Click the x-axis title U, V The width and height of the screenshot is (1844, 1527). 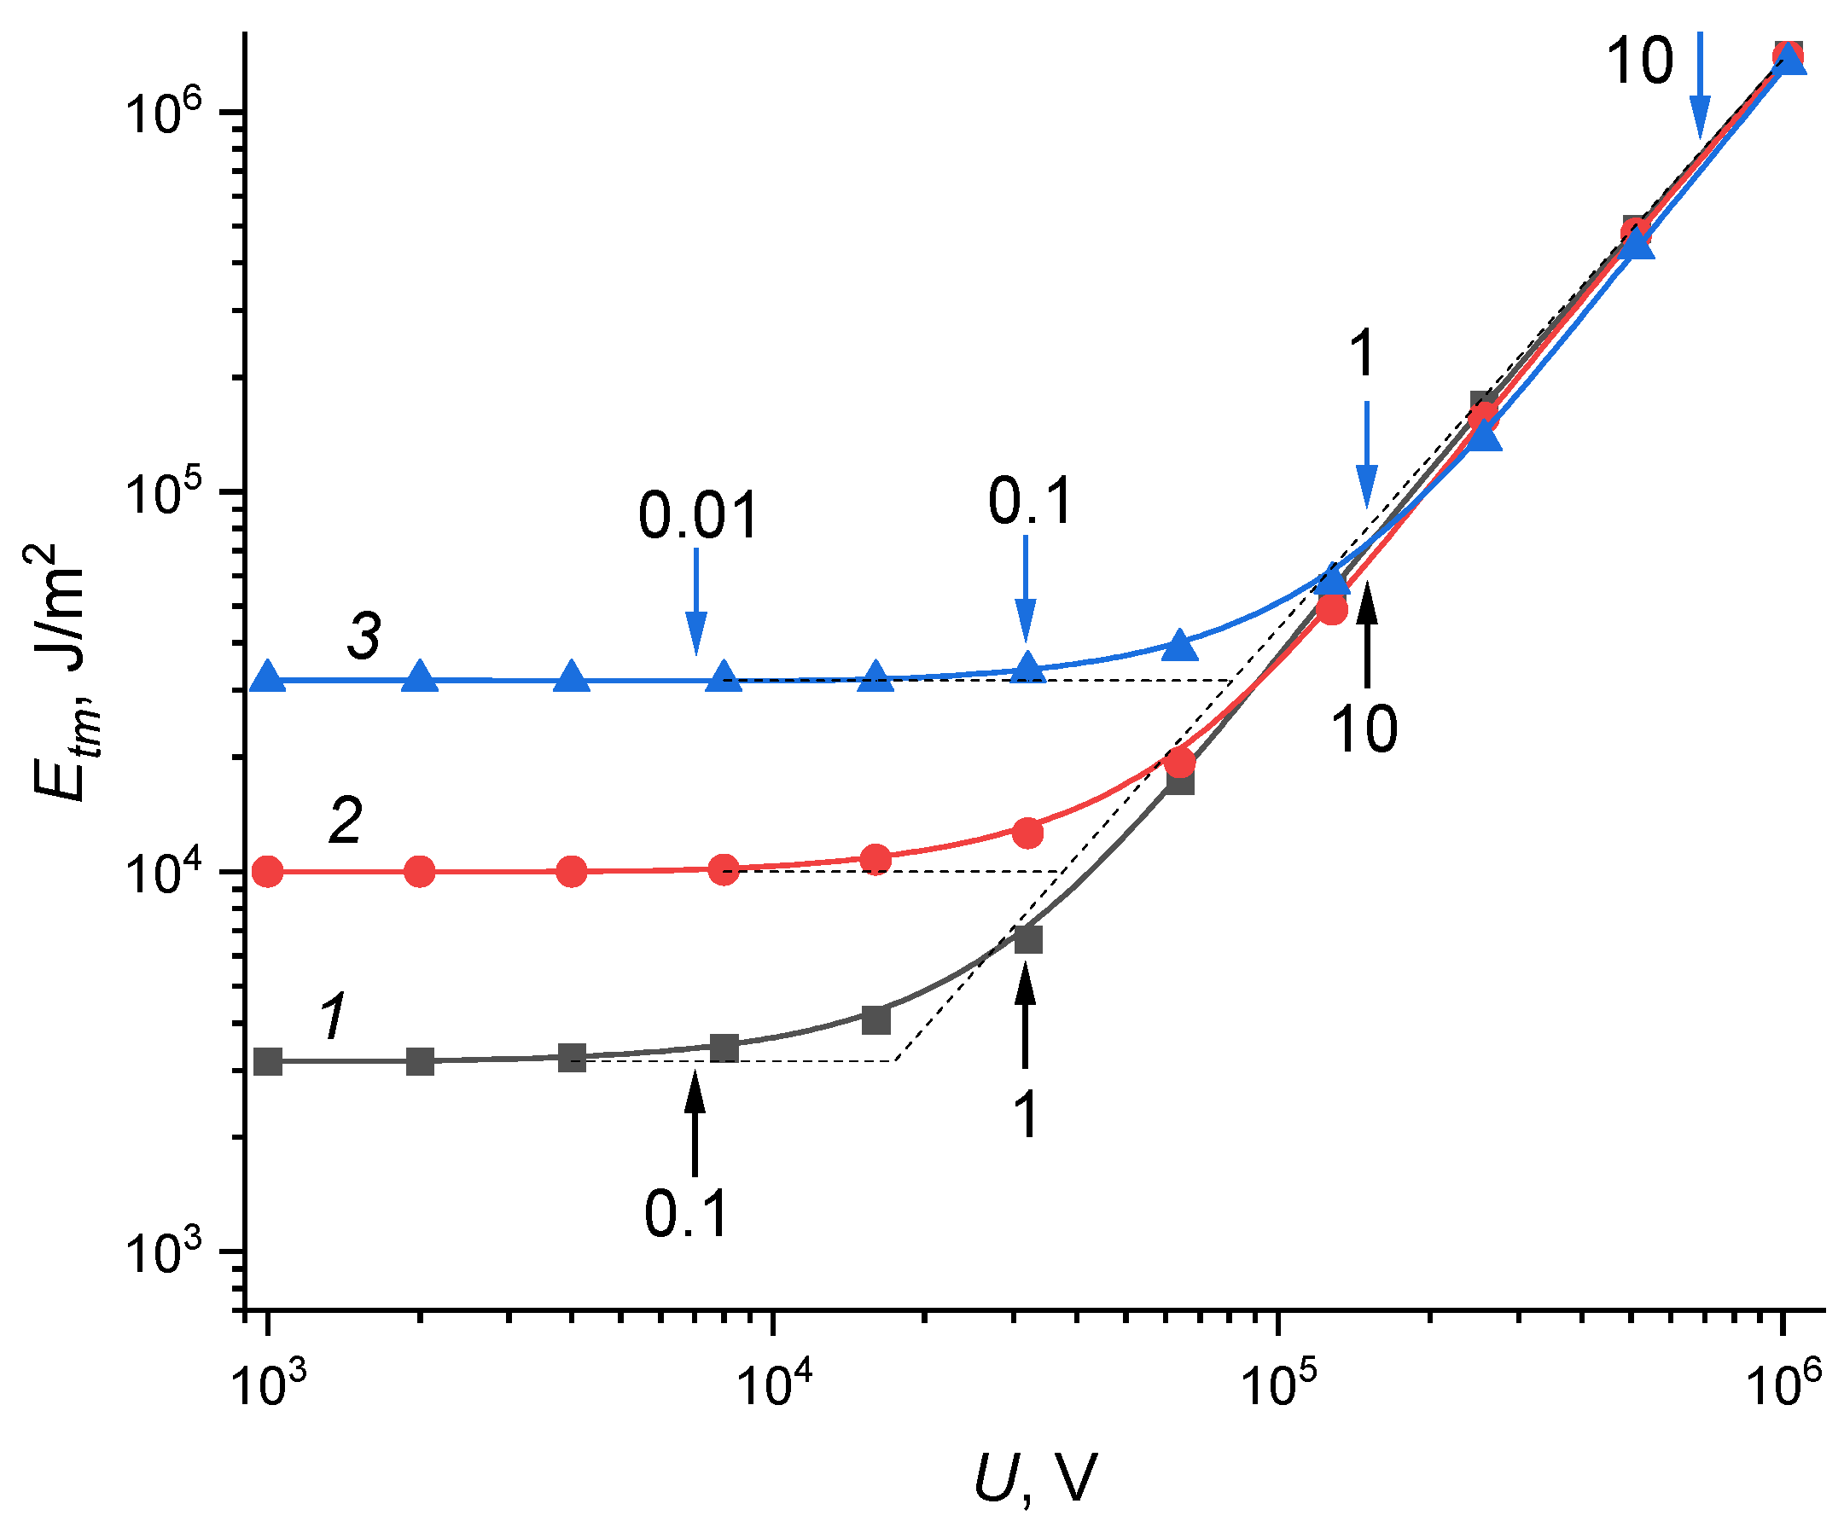[1036, 1478]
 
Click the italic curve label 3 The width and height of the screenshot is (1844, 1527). [364, 636]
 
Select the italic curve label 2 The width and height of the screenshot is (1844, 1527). [345, 821]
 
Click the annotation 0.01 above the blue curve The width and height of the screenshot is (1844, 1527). [698, 516]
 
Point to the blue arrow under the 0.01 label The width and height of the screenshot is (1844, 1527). [695, 601]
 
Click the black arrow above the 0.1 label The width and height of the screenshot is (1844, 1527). [695, 1124]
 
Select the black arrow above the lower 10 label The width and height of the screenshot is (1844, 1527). [1367, 638]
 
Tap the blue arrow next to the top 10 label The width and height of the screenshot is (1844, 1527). [1701, 85]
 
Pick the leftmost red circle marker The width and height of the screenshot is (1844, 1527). [268, 872]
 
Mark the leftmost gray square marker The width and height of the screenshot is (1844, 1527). [268, 1061]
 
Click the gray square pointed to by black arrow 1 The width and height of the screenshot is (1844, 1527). [1028, 939]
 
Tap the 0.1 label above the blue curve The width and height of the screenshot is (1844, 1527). [1031, 502]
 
